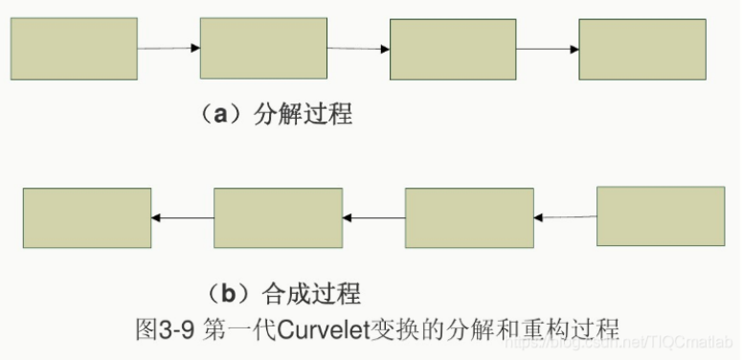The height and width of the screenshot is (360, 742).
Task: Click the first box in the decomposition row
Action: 74,48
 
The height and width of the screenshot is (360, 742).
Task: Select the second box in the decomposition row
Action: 263,47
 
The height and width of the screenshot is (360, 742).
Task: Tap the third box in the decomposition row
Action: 453,49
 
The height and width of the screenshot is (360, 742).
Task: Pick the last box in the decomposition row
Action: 642,49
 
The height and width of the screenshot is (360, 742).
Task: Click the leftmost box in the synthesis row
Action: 86,218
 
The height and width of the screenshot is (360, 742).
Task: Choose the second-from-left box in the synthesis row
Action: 278,218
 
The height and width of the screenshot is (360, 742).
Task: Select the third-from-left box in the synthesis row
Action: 469,218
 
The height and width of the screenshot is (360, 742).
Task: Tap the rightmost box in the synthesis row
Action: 661,217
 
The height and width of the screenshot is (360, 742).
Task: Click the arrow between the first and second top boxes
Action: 169,48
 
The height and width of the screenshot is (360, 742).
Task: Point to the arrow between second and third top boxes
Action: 358,48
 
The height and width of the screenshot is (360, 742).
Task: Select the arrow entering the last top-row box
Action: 548,49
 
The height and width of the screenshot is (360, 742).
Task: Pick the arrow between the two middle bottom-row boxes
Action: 373,218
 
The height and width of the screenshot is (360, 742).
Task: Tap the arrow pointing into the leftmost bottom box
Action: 182,218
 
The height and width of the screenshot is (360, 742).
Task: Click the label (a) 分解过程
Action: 276,115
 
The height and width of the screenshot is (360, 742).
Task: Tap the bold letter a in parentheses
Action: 220,115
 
